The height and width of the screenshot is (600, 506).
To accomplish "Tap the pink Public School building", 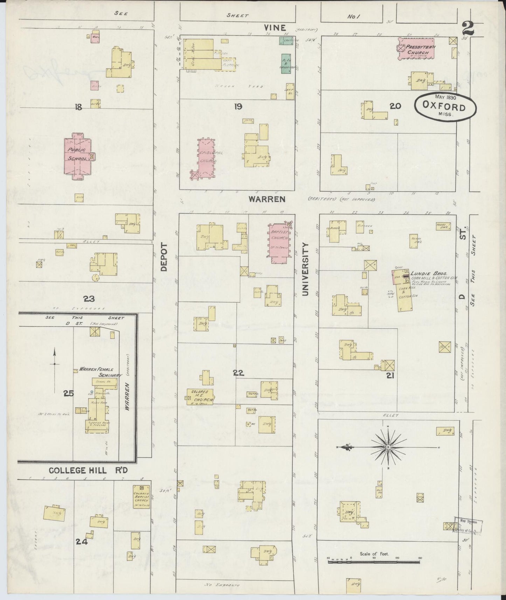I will point(78,156).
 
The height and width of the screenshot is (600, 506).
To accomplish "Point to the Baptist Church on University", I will point(279,241).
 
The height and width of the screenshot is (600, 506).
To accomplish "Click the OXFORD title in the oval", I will point(444,107).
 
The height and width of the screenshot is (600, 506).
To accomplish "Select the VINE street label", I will point(275,28).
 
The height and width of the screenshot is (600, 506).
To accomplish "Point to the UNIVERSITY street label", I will point(306,268).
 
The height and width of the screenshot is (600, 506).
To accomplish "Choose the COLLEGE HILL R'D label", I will point(88,470).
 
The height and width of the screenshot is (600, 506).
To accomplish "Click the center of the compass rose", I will point(388,447).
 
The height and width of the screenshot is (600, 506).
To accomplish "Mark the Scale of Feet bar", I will point(374,561).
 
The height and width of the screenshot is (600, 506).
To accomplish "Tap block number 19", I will point(238,106).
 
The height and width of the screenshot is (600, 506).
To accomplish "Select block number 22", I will point(238,374).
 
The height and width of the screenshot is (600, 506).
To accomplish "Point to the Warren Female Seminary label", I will point(100,372).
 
